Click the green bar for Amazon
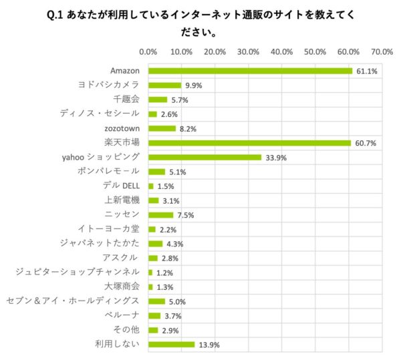[x=250, y=71]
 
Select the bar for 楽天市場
[x=249, y=143]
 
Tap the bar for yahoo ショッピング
[x=205, y=157]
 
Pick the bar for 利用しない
[x=171, y=345]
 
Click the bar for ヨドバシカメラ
[x=164, y=85]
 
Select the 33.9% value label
[x=273, y=158]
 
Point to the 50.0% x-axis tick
[x=315, y=51]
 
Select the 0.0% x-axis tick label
[x=148, y=51]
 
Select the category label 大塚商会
[x=122, y=287]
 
